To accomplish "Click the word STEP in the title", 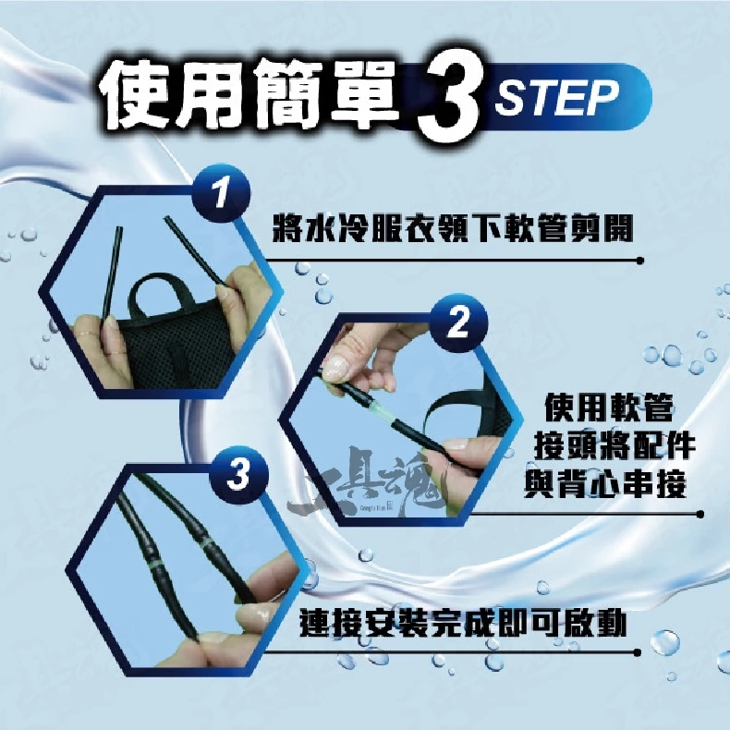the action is [x=557, y=97].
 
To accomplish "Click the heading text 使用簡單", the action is [x=250, y=95].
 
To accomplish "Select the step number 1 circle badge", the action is [x=221, y=193].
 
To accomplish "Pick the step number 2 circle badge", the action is [x=458, y=322].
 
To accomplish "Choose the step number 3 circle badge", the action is [x=239, y=475].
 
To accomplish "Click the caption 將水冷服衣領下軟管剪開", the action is [x=453, y=228].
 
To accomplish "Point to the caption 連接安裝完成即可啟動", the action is [x=463, y=623].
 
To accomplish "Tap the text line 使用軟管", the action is [x=609, y=408].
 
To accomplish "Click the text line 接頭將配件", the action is [x=614, y=445].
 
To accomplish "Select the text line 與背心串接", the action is [x=605, y=483].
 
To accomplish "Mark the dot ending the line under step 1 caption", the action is [x=640, y=261].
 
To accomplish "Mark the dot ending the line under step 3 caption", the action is [x=638, y=652].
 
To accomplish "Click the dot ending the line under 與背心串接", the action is [x=700, y=515].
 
